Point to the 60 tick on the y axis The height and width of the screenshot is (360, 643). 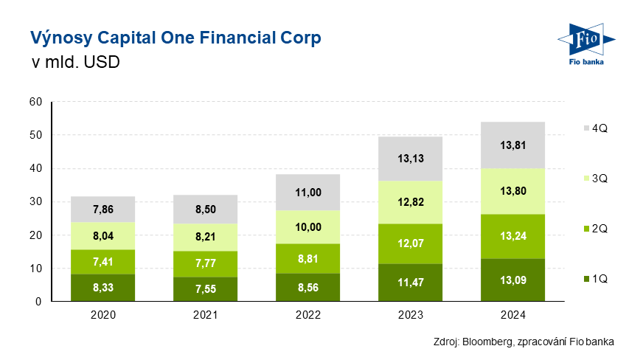35,102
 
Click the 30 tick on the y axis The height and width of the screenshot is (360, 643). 35,201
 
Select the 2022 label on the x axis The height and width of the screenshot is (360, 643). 307,315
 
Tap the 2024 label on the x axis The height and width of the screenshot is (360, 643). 512,315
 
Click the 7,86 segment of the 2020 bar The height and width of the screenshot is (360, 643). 103,210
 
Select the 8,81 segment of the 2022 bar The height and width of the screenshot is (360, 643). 307,259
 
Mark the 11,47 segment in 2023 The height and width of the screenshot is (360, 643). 410,283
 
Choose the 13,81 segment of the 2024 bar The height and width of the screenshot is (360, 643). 512,145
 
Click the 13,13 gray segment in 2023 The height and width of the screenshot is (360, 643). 410,159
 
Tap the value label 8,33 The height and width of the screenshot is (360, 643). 103,288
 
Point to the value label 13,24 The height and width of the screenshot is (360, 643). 512,236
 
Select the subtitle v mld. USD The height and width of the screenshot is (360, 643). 75,63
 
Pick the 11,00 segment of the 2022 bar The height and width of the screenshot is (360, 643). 307,193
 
